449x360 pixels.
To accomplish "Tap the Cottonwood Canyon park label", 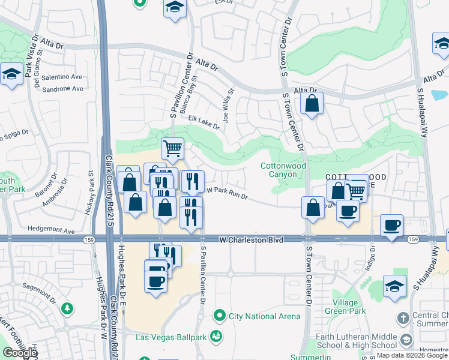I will [x=283, y=170].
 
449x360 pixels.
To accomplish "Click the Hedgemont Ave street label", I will [x=51, y=230].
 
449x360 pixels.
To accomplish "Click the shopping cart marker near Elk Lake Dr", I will [x=172, y=148].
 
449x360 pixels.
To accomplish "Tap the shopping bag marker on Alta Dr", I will [x=312, y=103].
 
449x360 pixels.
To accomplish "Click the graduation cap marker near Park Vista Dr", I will [x=11, y=74].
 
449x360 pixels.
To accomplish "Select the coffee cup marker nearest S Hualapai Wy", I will [x=391, y=226].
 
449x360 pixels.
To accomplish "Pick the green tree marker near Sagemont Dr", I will [x=68, y=308].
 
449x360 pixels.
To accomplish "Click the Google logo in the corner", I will [x=20, y=353].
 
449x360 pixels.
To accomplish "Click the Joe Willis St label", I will [x=228, y=106].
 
